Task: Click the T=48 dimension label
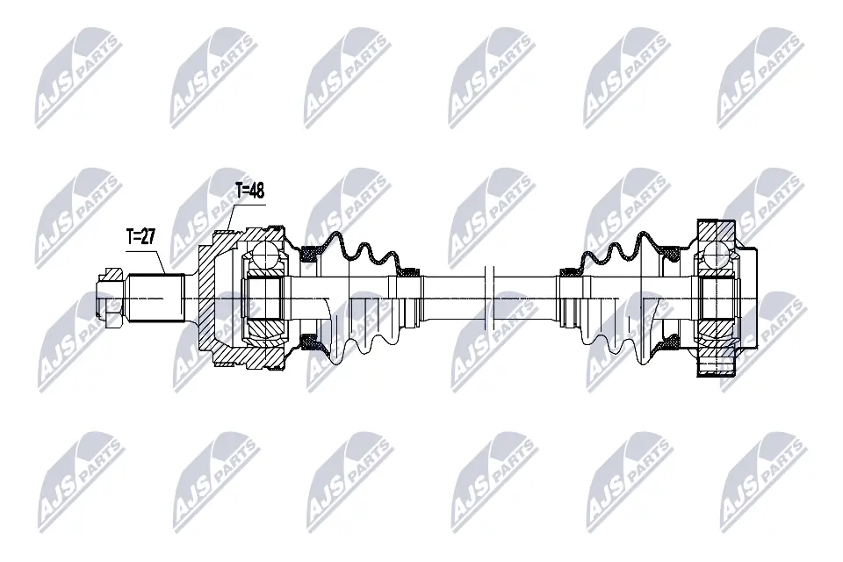coord(249,190)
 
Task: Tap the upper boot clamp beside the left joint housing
coord(309,256)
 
